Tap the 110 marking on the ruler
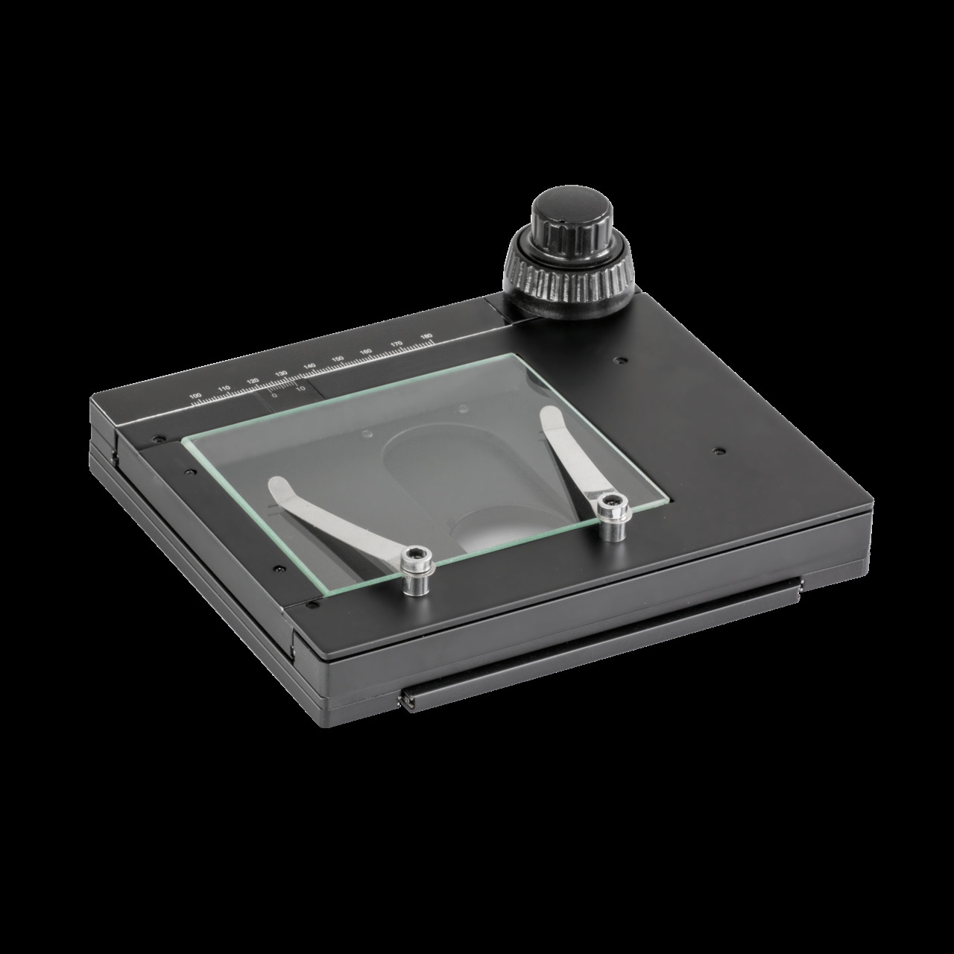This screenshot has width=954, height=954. tap(223, 389)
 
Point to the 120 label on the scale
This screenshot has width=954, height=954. tap(252, 381)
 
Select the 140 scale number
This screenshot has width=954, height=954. tap(309, 367)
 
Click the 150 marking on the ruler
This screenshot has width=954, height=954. tap(337, 359)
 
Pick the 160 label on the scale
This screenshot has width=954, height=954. tap(365, 352)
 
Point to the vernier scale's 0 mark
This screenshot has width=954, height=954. tap(274, 396)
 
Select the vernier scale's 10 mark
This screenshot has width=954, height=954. tap(300, 388)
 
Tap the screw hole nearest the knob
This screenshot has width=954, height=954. tap(617, 360)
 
